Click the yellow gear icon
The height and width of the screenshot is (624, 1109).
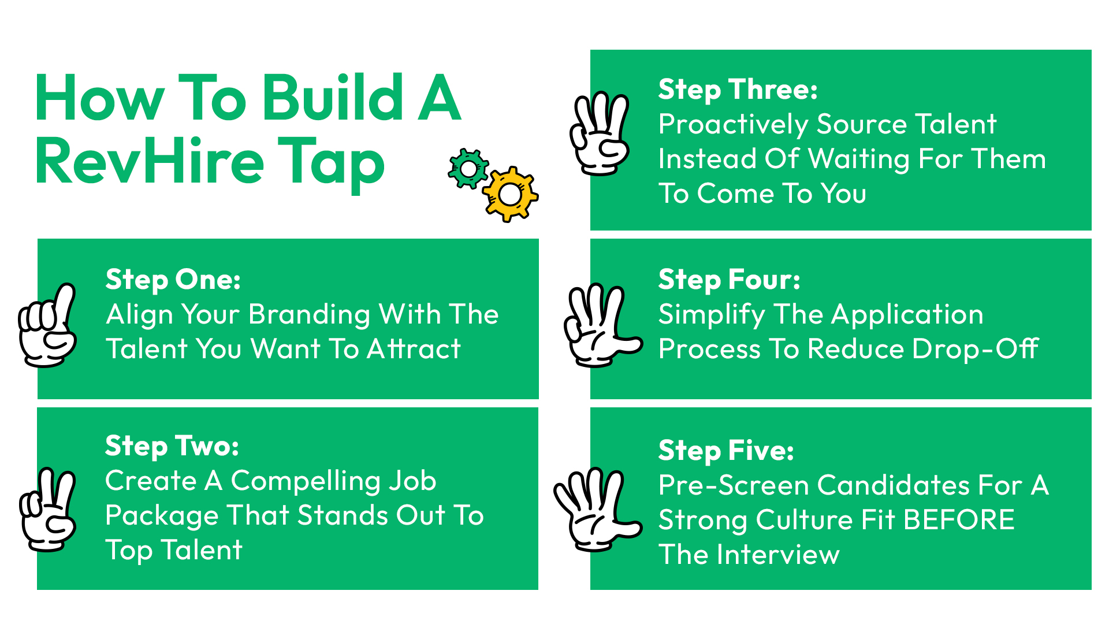(x=510, y=194)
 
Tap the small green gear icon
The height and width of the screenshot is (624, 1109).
(x=468, y=169)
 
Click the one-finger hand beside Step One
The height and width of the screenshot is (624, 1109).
(x=47, y=325)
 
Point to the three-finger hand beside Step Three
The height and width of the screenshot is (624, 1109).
(x=600, y=133)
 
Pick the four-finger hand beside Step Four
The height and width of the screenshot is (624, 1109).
(x=602, y=325)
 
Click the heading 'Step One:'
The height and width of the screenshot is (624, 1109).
(x=173, y=280)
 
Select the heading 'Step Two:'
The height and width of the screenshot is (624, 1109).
(x=172, y=447)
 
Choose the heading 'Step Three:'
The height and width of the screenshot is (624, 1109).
(x=738, y=90)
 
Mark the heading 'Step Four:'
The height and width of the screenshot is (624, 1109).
(x=730, y=280)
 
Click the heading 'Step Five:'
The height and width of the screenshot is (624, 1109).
(x=726, y=451)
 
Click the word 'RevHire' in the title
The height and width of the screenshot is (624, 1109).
(x=149, y=161)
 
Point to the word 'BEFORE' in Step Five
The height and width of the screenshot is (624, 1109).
(x=959, y=520)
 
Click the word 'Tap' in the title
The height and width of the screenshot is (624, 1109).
(x=332, y=164)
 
